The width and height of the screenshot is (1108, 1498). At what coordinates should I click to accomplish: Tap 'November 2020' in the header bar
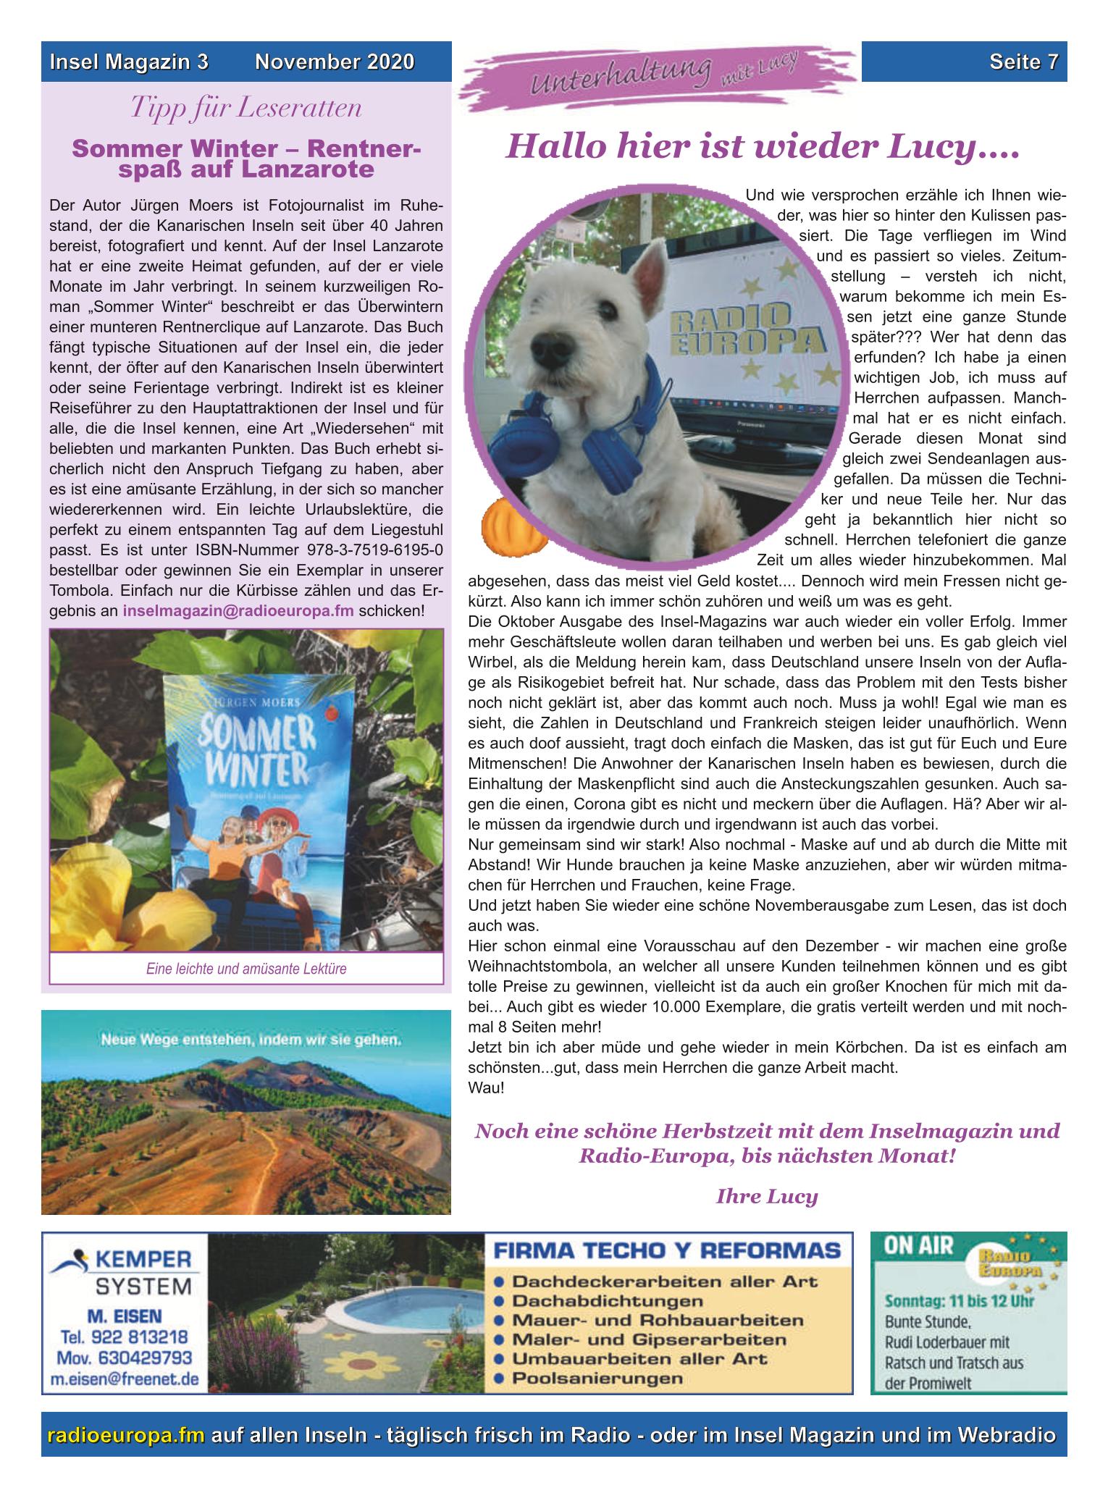click(335, 63)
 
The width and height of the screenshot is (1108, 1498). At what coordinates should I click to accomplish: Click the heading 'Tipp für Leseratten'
click(245, 109)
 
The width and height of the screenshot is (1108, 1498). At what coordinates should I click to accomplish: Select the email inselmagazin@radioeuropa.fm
click(238, 610)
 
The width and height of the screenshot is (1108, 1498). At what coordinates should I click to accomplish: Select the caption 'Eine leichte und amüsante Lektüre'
click(246, 969)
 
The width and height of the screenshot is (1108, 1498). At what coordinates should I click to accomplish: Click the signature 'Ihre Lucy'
click(766, 1196)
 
